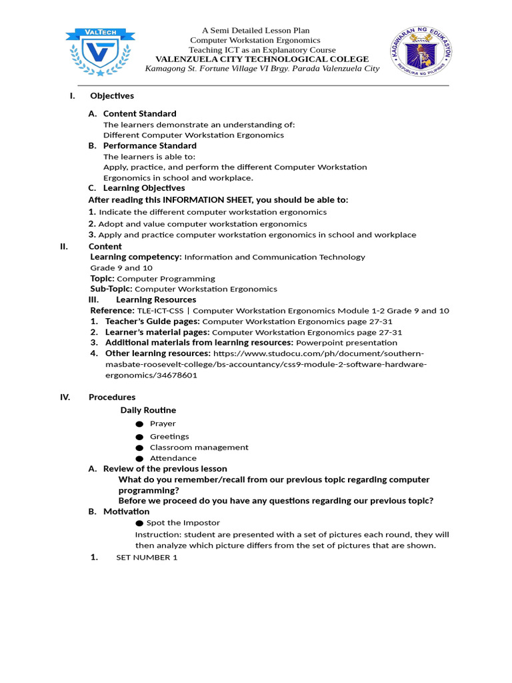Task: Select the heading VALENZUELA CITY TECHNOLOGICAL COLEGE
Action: click(261, 59)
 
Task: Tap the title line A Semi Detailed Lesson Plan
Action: click(256, 31)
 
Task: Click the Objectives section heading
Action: click(112, 96)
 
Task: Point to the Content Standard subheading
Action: click(139, 113)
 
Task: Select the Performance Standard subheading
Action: click(149, 145)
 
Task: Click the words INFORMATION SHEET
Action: click(202, 200)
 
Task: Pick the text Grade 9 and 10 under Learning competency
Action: click(121, 267)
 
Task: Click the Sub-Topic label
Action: click(111, 289)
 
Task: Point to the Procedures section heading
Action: click(112, 398)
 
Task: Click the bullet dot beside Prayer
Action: click(139, 424)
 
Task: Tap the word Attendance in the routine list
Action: click(173, 458)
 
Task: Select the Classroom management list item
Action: click(199, 448)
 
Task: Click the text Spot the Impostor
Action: click(183, 523)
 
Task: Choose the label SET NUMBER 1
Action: click(147, 558)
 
